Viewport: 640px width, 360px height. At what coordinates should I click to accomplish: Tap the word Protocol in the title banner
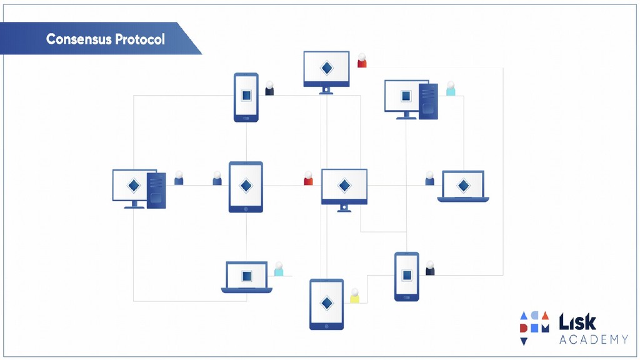point(140,39)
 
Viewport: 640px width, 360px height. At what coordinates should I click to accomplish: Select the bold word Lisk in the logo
point(577,322)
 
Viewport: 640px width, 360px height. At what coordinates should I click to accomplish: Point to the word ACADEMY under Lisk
point(593,339)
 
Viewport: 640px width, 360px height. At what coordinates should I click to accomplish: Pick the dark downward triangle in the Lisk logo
point(524,341)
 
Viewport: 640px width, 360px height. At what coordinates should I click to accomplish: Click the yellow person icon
point(354,296)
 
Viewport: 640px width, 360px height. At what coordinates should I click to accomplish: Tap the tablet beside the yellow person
point(326,304)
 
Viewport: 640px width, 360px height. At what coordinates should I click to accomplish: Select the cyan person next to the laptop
point(279,269)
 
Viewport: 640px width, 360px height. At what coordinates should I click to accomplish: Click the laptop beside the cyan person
point(246,277)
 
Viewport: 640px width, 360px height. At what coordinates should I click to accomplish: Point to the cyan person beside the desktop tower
point(451,89)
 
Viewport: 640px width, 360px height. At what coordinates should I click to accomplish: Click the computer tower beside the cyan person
point(429,100)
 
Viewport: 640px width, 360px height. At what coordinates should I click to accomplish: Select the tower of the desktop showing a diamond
point(157,190)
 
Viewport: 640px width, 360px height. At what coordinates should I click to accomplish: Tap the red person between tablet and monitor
point(308,179)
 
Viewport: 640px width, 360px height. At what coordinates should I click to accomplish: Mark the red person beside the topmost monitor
point(362,61)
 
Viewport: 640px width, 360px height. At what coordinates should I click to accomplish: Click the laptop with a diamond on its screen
point(463,186)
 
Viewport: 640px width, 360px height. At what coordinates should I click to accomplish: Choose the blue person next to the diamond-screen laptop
point(429,179)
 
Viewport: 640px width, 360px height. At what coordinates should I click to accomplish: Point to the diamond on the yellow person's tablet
point(326,302)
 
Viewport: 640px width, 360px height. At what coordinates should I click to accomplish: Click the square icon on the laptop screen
point(246,275)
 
